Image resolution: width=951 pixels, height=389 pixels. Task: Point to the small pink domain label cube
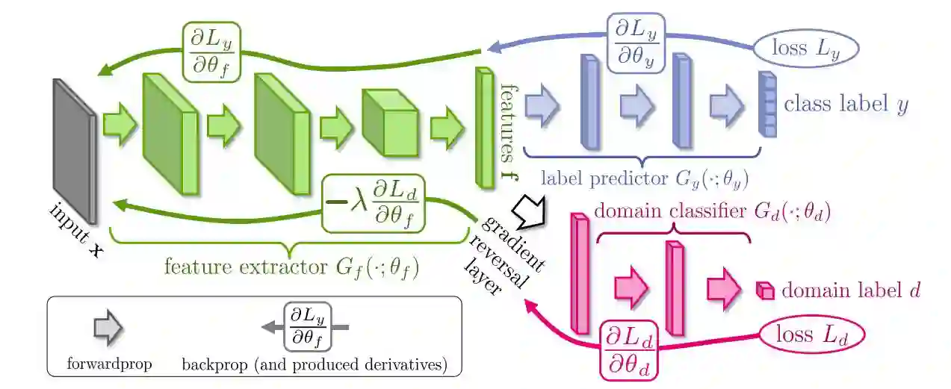pos(764,290)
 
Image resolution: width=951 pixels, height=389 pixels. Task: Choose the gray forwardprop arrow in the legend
pos(108,329)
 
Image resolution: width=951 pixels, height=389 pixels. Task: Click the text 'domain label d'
pos(850,290)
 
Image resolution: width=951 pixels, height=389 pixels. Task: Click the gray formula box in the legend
pos(307,328)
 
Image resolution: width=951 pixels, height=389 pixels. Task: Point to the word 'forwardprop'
pos(108,365)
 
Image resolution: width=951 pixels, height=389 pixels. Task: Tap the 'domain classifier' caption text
pos(711,212)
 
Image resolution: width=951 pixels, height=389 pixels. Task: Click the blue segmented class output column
pos(766,105)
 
